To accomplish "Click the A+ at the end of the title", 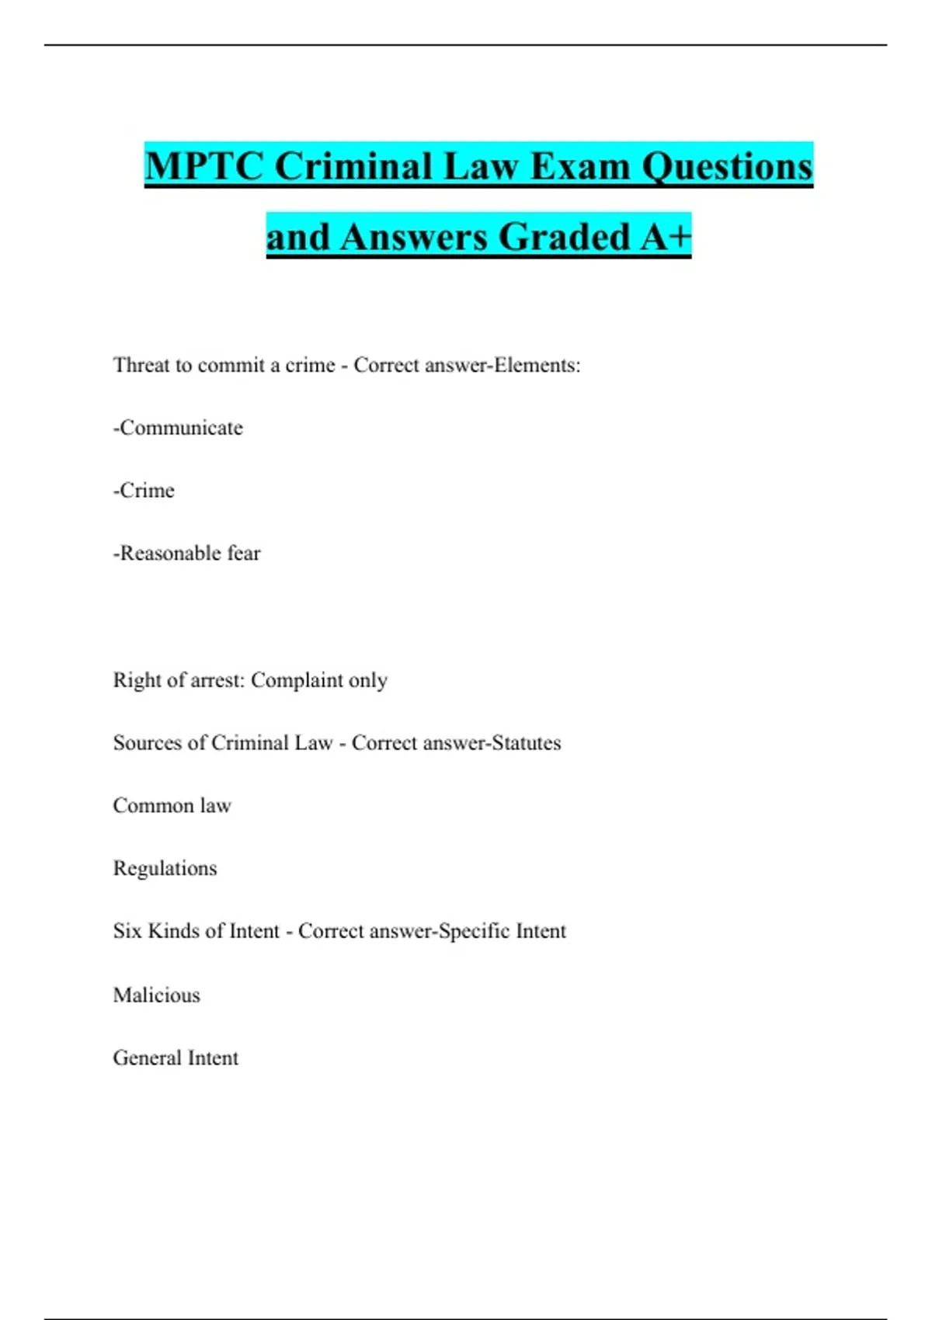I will click(666, 237).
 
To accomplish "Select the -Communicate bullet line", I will click(178, 428).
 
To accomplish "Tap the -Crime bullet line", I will click(144, 491).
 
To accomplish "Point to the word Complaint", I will click(297, 680).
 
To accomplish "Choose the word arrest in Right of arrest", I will click(217, 680).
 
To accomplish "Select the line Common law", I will click(172, 806).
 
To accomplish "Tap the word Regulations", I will click(165, 868).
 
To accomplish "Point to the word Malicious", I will click(156, 995).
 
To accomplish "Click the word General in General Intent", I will click(147, 1058).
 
